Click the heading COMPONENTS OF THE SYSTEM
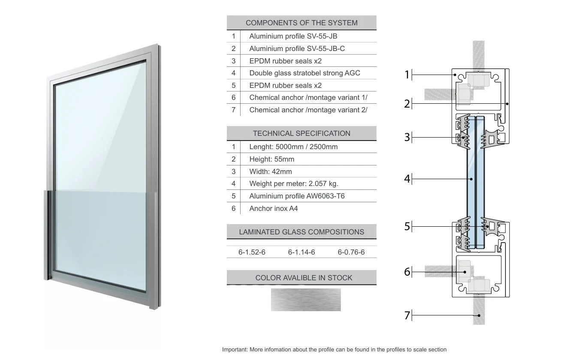coord(301,23)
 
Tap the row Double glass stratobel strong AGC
coord(304,73)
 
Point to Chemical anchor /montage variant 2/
coord(308,110)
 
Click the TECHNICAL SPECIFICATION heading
coord(301,133)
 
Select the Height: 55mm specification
coord(271,159)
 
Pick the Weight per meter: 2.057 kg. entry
coord(293,183)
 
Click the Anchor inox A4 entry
coord(273,208)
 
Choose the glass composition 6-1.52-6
coord(252,252)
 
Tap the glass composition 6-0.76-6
coord(351,252)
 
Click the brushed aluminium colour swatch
coord(306,300)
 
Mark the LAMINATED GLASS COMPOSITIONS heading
coord(301,232)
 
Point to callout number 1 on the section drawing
coord(407,75)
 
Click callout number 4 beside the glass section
coord(407,179)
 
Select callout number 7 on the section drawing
coord(407,315)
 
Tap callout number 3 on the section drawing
coord(407,137)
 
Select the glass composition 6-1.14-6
coord(301,252)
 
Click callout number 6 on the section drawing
coord(407,272)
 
